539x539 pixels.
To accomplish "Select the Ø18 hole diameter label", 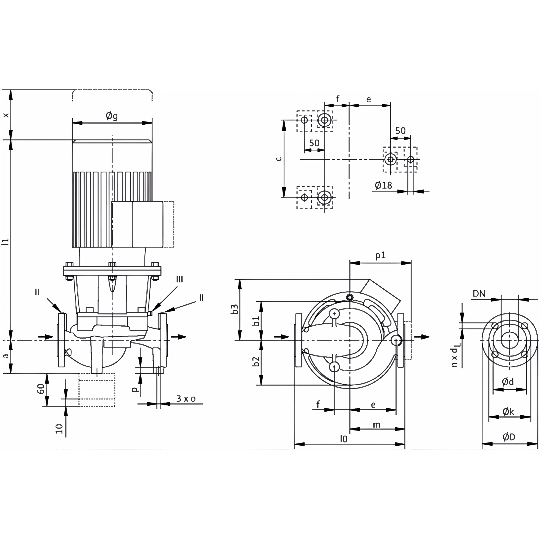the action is pyautogui.click(x=383, y=185).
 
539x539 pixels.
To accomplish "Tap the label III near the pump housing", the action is pyautogui.click(x=179, y=279).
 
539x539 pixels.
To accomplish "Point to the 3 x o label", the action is pyautogui.click(x=186, y=399).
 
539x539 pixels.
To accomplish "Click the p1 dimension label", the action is pyautogui.click(x=380, y=256).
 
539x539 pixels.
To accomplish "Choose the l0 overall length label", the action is pyautogui.click(x=344, y=439).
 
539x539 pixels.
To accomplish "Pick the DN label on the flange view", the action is pyautogui.click(x=479, y=294).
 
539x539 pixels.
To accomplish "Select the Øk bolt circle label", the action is pyautogui.click(x=508, y=411).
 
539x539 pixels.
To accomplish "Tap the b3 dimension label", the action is pyautogui.click(x=235, y=309).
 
